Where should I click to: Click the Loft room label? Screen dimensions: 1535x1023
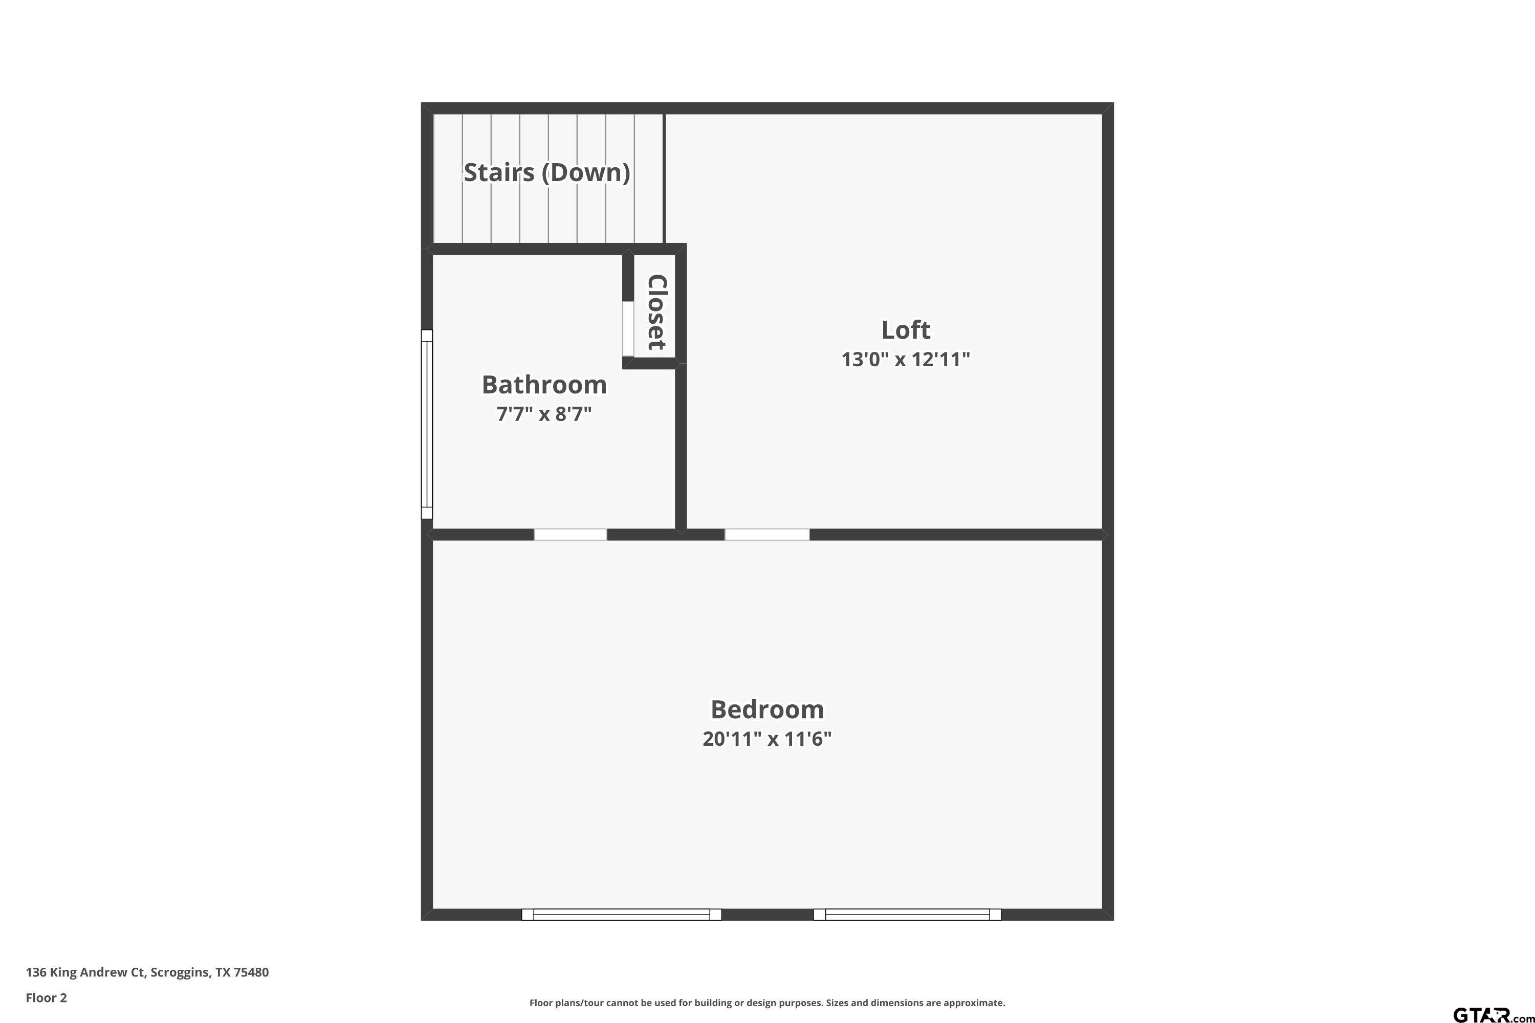click(x=905, y=330)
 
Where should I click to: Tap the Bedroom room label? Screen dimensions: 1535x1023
click(x=767, y=709)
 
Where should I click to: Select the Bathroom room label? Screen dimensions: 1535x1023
click(x=544, y=385)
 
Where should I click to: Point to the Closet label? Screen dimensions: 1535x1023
click(x=656, y=312)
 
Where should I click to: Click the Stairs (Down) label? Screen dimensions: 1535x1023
click(x=547, y=172)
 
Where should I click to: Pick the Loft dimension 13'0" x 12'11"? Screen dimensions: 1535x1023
click(x=905, y=360)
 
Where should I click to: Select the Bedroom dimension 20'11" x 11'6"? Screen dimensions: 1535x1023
click(x=767, y=739)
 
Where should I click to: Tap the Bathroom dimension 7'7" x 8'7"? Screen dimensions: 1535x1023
click(x=544, y=414)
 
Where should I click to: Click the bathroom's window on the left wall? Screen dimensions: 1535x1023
click(x=427, y=424)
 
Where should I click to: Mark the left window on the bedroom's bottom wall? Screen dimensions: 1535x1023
click(x=621, y=915)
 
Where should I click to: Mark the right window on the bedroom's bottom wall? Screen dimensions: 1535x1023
click(x=907, y=915)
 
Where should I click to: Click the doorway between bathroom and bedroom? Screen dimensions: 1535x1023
click(x=571, y=535)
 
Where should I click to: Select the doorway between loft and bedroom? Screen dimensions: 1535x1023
click(x=767, y=535)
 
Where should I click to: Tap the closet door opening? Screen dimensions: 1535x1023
click(x=628, y=329)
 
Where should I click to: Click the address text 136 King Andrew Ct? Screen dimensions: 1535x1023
click(x=85, y=973)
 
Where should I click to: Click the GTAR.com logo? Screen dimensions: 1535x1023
click(x=1492, y=1014)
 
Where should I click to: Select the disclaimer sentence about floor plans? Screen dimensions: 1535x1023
click(x=767, y=1003)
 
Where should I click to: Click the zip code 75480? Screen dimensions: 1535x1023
click(x=251, y=973)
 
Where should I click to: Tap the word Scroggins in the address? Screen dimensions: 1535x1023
click(x=180, y=973)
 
